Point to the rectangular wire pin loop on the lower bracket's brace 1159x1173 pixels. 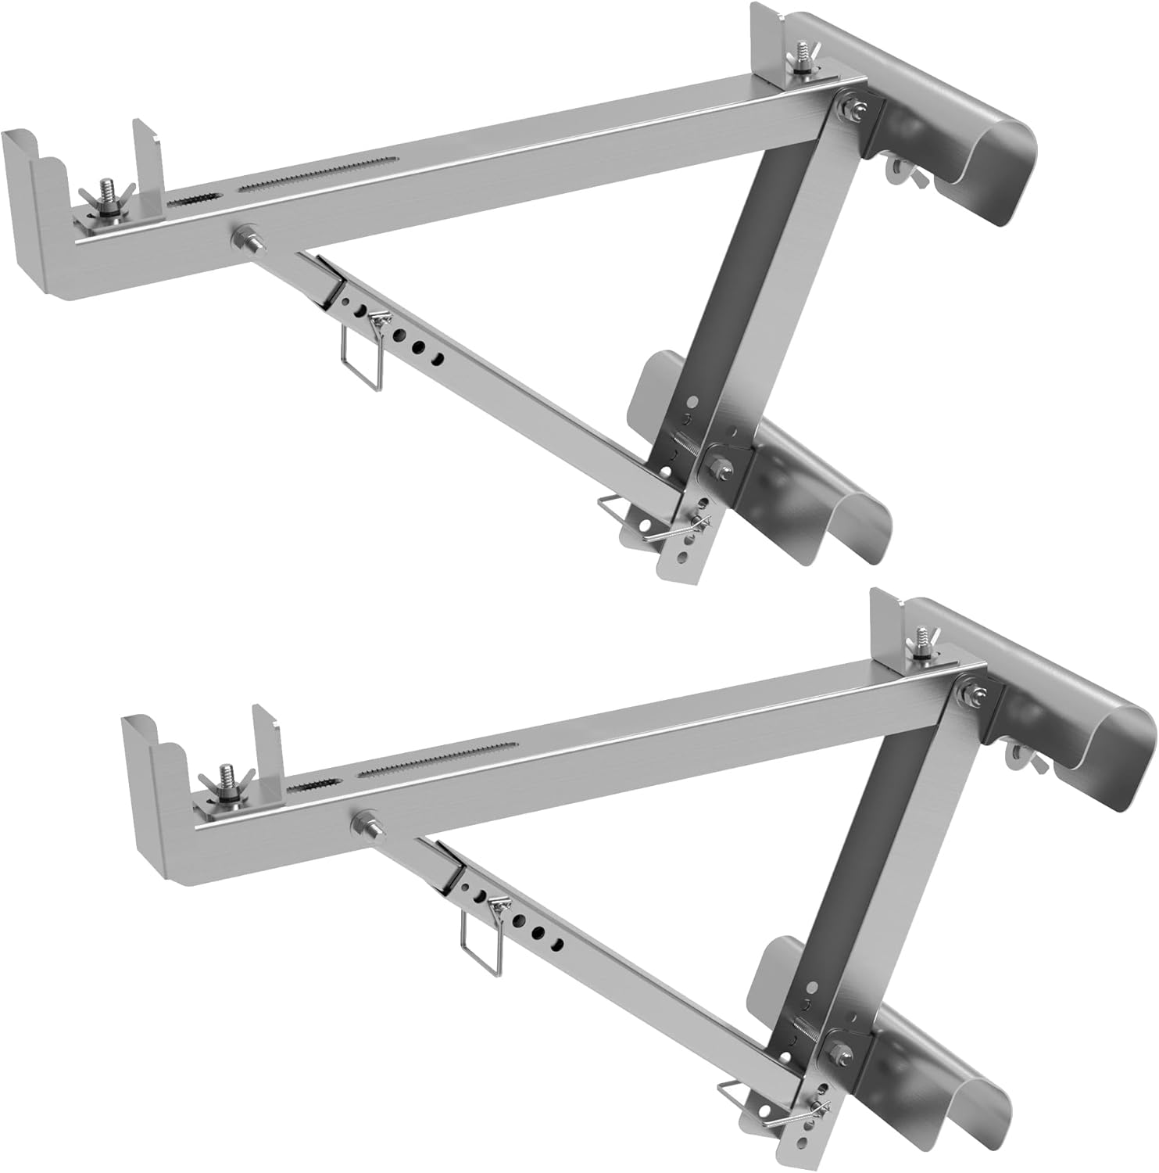[478, 939]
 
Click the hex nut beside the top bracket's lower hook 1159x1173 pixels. [717, 470]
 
